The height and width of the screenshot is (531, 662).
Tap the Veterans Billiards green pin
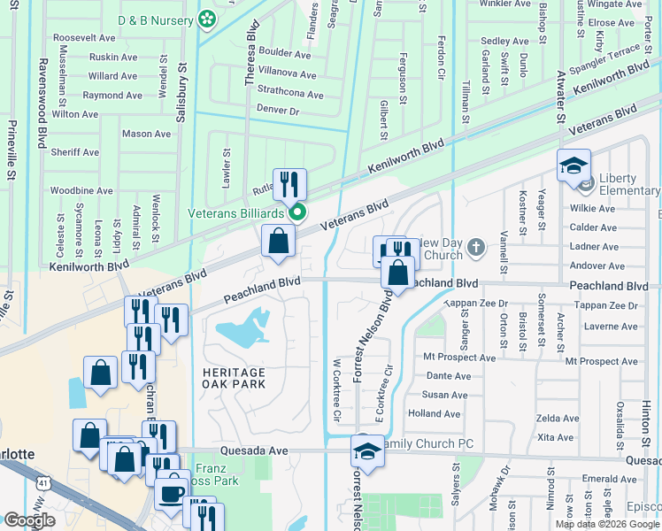tap(297, 212)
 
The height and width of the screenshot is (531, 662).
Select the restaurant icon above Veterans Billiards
tap(289, 185)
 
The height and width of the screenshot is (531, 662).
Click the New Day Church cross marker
tap(476, 246)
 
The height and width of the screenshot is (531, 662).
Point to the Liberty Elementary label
tap(628, 184)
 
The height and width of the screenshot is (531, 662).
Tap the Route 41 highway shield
tap(43, 483)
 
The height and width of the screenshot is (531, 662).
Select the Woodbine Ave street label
tap(81, 190)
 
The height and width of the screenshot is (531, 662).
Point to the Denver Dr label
tap(279, 111)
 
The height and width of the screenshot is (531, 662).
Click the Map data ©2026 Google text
tap(606, 523)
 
